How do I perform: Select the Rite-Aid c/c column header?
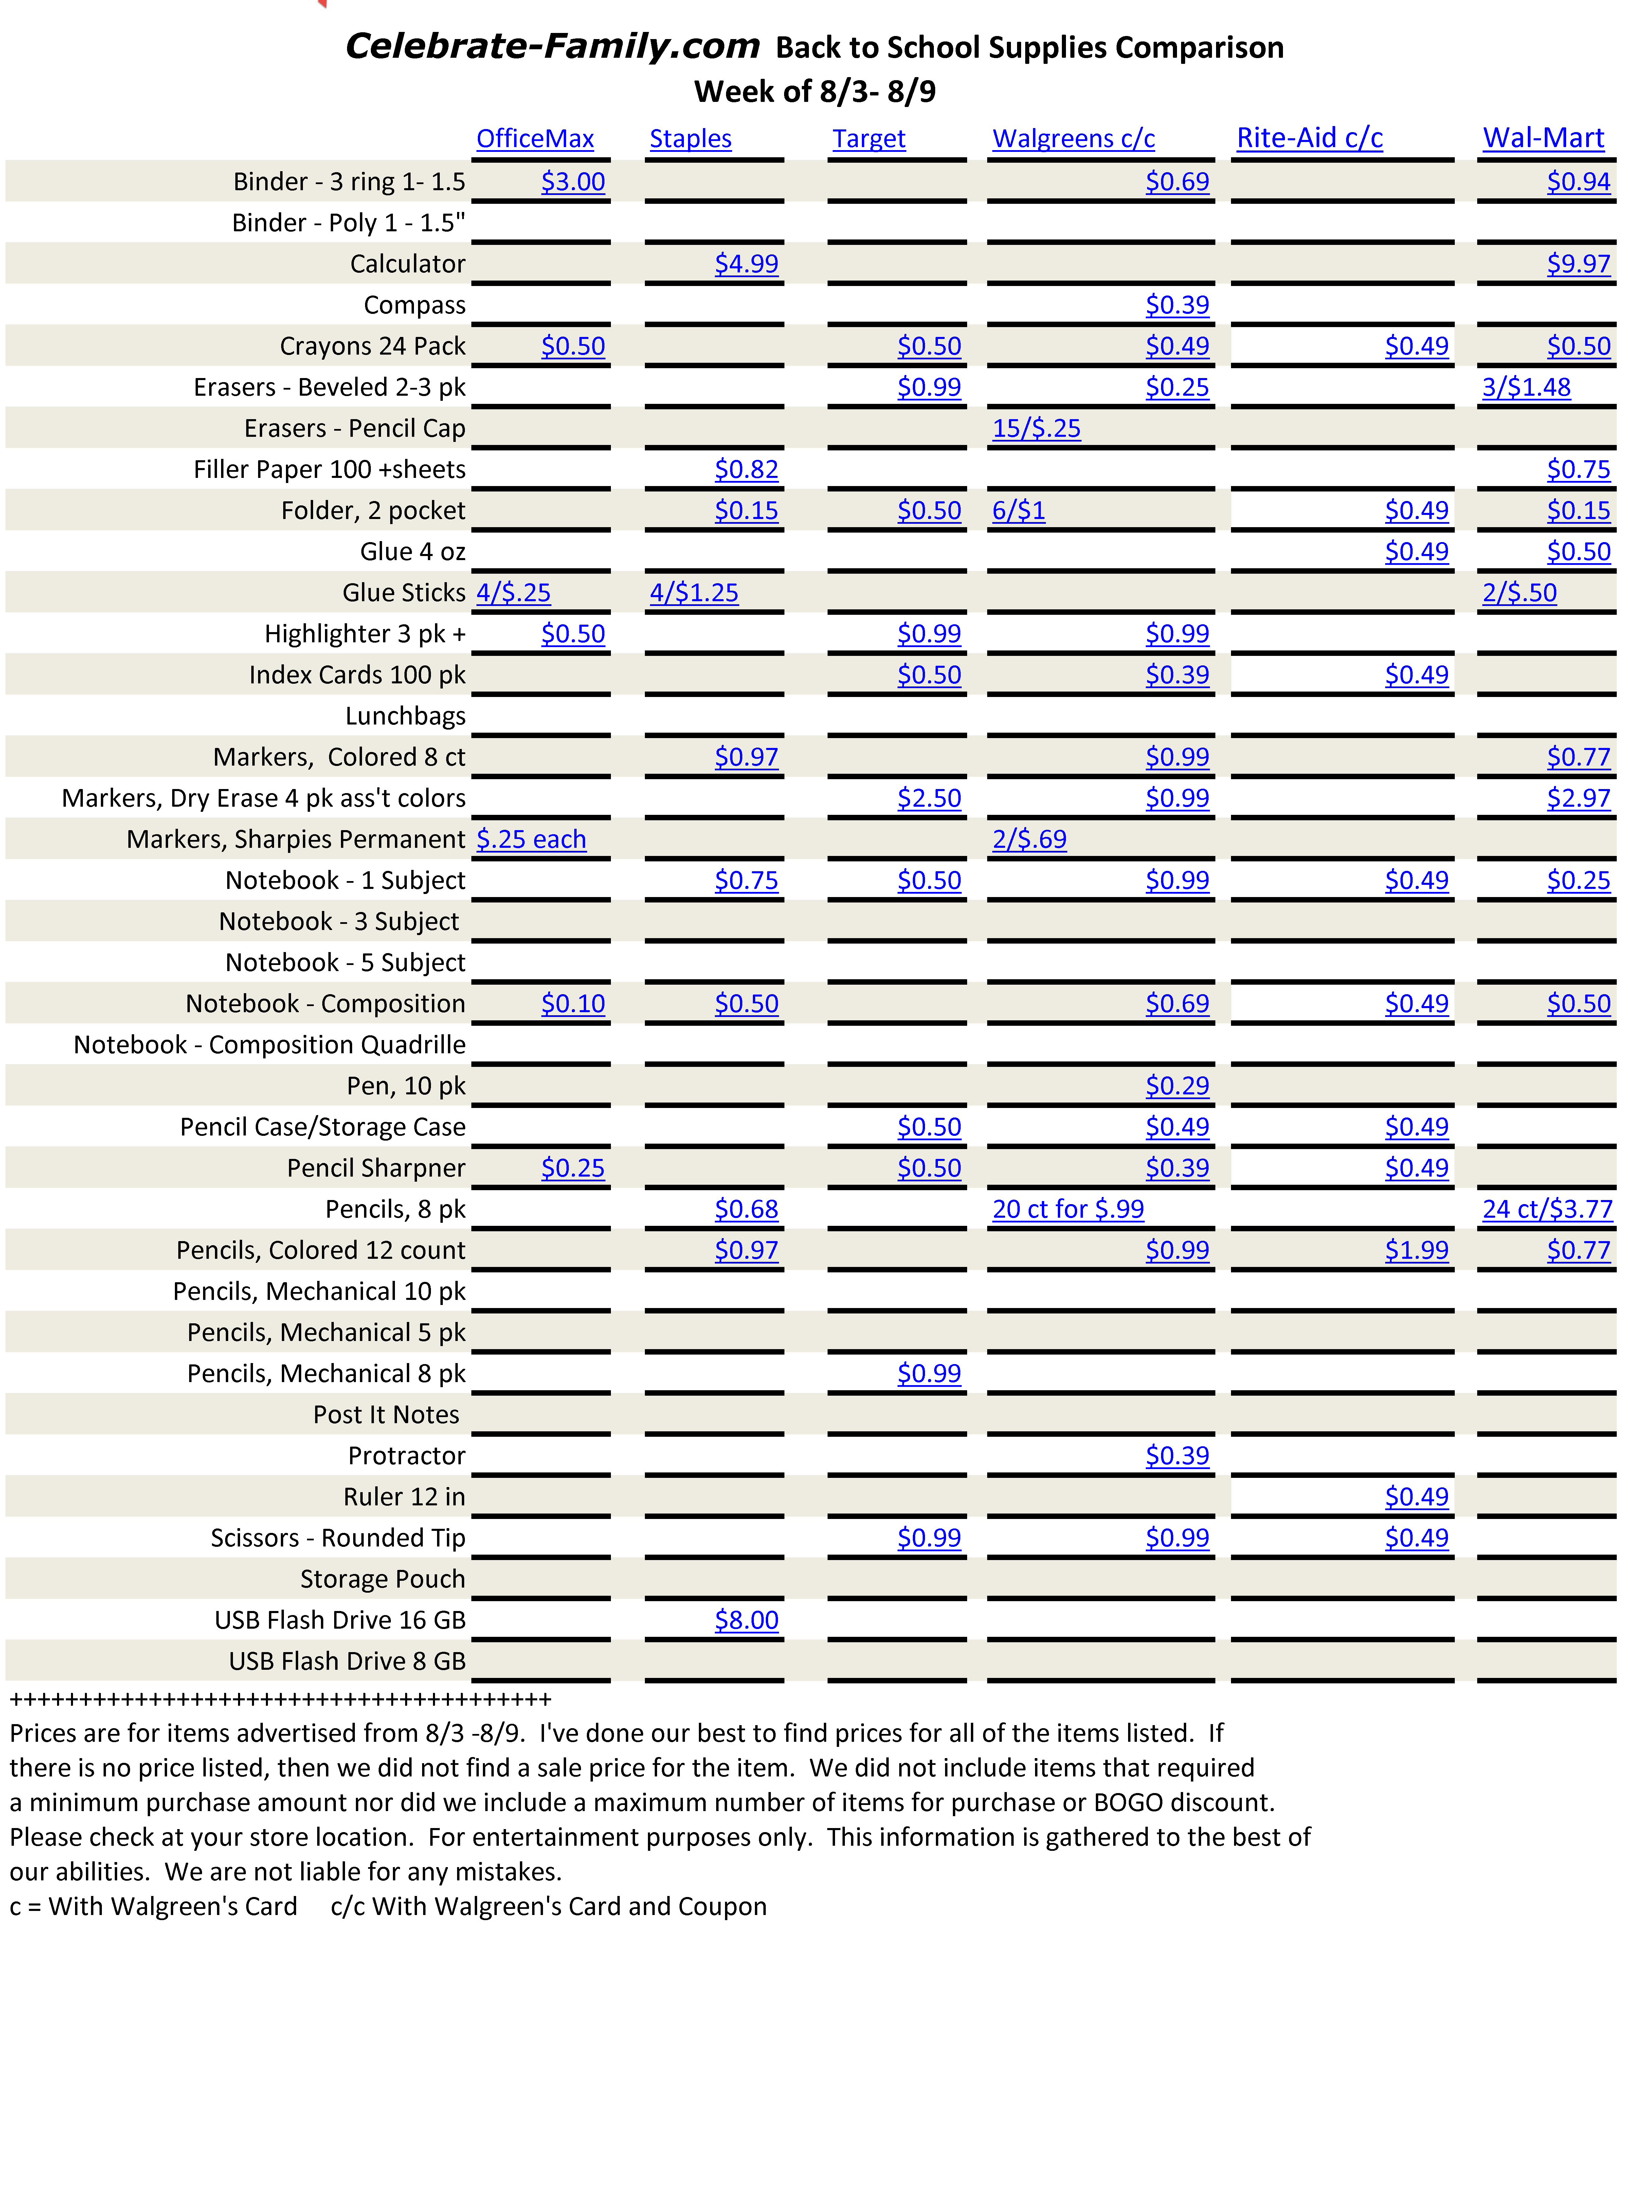tap(1309, 138)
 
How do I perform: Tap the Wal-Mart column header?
tap(1543, 138)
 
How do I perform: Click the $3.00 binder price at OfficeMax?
tap(573, 182)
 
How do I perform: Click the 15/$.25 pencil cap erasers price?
tap(1036, 428)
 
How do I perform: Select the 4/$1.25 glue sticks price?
tap(694, 593)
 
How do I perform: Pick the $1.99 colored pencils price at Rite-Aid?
tap(1417, 1251)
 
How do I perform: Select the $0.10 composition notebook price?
tap(573, 1004)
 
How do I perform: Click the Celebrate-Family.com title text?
tap(553, 47)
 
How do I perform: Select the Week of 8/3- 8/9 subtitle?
tap(815, 92)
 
